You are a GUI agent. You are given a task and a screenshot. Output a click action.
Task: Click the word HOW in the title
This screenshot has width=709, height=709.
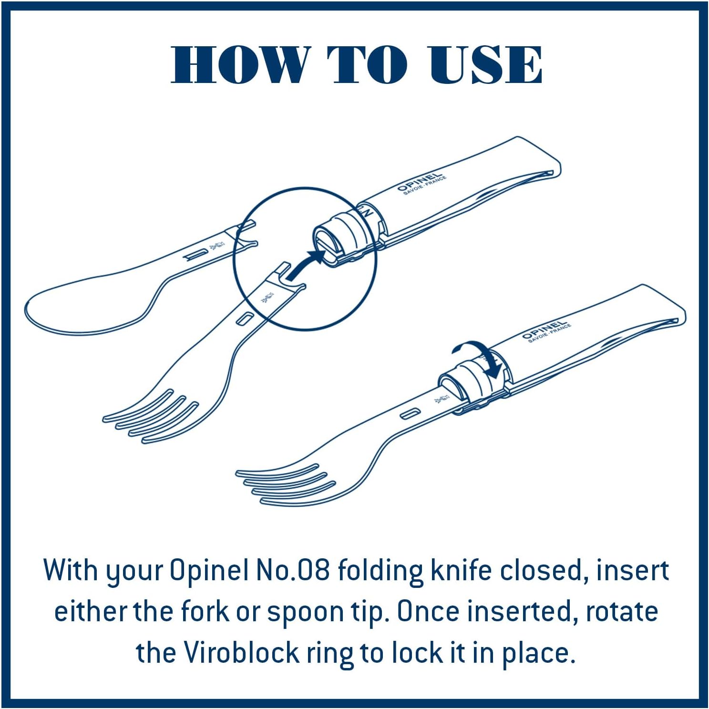tap(241, 64)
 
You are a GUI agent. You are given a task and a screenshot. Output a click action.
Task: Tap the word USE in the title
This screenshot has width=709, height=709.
tap(485, 64)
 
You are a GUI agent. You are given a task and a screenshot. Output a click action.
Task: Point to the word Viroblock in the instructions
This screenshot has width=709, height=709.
tap(241, 652)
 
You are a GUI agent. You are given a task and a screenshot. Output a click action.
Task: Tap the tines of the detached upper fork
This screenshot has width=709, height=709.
tap(150, 415)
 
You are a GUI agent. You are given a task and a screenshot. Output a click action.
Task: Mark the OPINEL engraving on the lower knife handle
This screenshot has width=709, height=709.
tap(546, 330)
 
